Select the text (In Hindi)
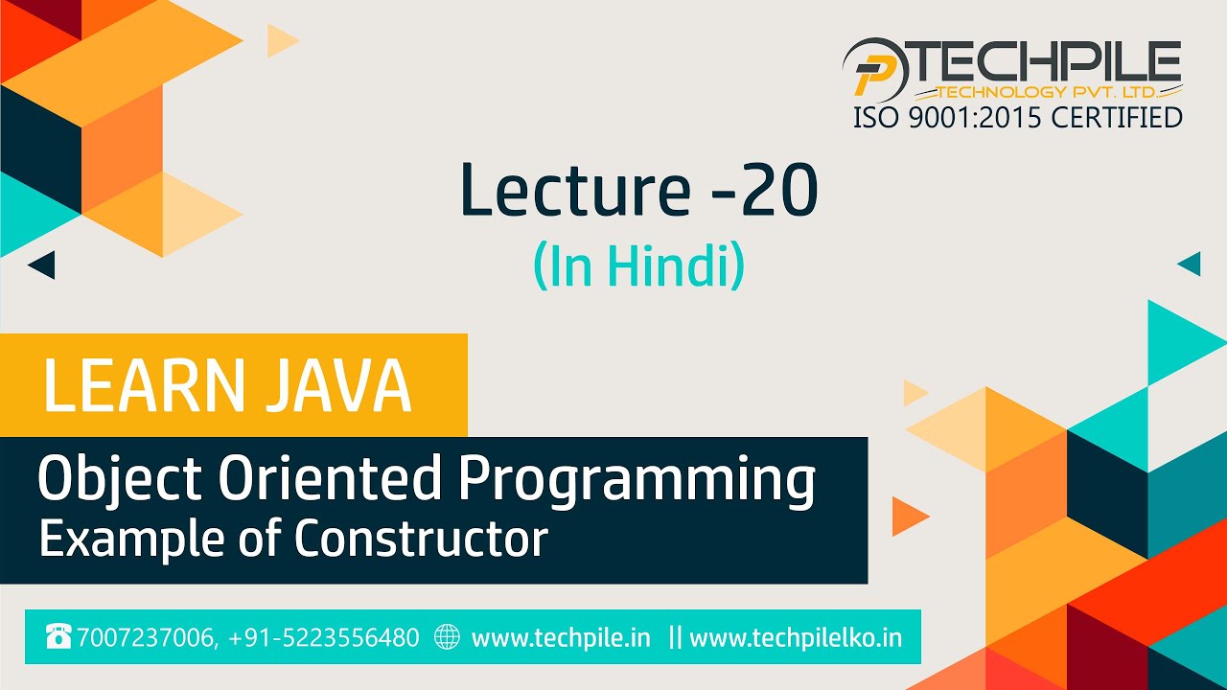click(x=638, y=267)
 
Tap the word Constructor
click(x=421, y=539)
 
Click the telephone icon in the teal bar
click(x=58, y=636)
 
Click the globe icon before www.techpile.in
click(x=448, y=636)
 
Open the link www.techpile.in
click(x=561, y=637)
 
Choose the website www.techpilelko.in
click(x=796, y=637)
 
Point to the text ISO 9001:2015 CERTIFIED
click(x=1017, y=118)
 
